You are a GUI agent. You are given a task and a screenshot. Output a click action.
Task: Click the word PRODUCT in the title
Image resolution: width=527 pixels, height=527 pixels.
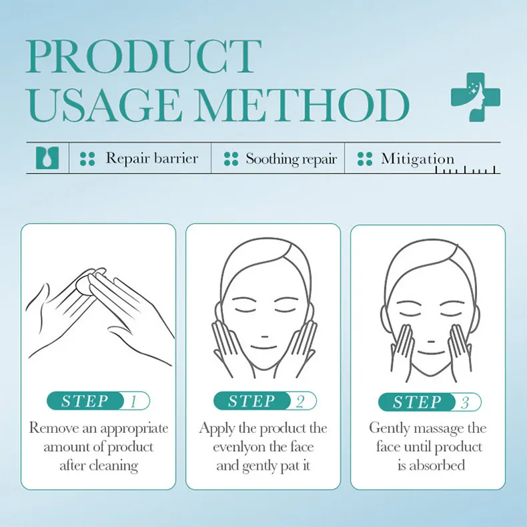coord(144,57)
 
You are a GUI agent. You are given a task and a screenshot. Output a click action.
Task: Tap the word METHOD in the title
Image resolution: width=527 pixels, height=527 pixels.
coord(302,105)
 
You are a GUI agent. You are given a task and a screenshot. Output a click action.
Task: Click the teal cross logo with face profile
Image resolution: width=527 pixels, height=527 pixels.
coord(475,97)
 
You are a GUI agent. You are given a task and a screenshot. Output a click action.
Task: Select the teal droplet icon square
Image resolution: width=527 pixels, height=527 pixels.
coord(47,158)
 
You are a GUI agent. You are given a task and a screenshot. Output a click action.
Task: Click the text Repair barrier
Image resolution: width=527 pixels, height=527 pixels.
coord(152,158)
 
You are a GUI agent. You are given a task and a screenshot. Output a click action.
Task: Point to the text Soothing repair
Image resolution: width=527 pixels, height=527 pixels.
coord(291,159)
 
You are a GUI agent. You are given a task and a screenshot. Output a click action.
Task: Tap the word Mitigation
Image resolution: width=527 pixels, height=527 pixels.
coord(418,159)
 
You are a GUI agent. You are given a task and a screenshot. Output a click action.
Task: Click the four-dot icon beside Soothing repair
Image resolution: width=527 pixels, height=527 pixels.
coord(231,159)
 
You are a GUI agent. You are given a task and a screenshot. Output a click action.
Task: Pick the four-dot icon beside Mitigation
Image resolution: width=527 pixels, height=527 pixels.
coord(365,159)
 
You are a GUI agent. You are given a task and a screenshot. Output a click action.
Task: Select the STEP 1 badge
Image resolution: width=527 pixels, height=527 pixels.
coord(98,401)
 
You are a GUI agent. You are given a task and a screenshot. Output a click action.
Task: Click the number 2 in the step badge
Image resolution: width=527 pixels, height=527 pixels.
coord(300,402)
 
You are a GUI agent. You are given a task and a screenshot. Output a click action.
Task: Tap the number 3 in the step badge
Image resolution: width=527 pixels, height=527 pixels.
coord(465,402)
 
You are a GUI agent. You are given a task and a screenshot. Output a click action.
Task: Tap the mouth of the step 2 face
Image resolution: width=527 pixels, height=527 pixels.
coord(264,347)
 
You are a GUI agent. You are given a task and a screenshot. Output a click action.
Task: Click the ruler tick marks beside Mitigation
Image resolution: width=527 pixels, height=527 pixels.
coord(466,170)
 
